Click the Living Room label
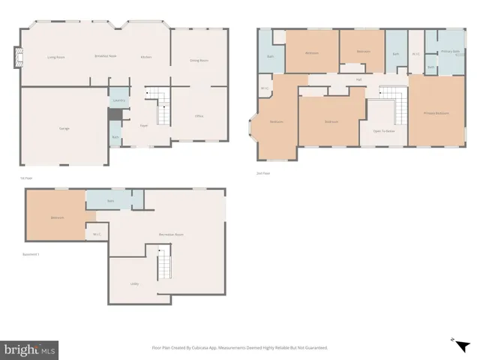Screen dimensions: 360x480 56,57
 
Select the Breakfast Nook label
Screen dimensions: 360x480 105,56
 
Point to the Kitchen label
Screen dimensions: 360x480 147,57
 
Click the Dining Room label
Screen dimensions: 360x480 199,60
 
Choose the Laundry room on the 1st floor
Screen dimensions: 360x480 118,100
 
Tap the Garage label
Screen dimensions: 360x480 64,128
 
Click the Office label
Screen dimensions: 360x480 199,116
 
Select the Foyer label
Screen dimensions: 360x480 144,125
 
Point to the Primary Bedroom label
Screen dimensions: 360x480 436,113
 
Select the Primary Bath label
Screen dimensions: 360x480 450,52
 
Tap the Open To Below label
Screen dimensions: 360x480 384,130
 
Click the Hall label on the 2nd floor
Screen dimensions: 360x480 359,79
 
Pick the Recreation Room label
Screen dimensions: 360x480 171,235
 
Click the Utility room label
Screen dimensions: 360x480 134,283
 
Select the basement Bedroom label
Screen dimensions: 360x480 57,218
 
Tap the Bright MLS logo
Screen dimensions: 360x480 30,349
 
